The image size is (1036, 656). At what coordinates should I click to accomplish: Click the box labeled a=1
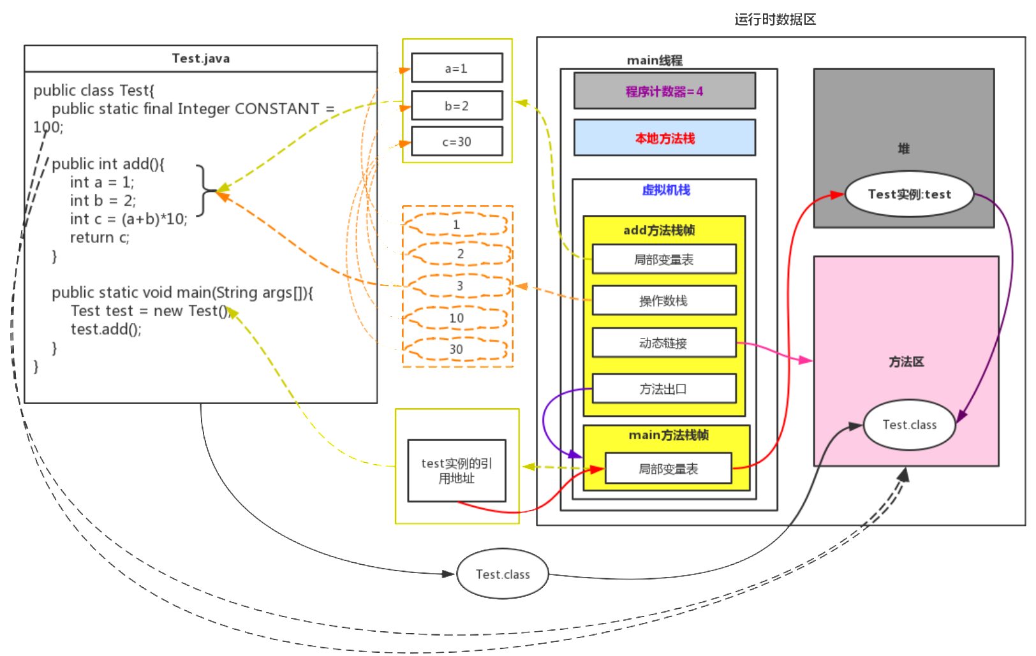(457, 68)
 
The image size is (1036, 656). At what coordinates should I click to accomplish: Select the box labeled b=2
(457, 106)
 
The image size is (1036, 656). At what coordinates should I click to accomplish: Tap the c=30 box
(457, 142)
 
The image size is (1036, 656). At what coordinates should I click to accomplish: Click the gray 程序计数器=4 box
(664, 91)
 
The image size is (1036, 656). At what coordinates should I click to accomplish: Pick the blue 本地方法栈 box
(664, 138)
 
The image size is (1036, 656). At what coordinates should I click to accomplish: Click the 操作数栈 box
(663, 301)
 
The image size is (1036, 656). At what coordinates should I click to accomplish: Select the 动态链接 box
(663, 343)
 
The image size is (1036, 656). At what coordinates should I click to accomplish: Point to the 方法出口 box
(663, 389)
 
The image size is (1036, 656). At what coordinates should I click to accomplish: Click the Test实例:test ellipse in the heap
(909, 194)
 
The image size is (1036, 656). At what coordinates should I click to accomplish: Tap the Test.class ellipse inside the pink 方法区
(909, 425)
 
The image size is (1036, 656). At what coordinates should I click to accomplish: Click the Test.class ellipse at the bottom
(503, 574)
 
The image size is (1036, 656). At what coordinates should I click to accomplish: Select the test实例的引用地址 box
(457, 470)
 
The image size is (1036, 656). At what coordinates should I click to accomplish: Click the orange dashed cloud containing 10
(457, 318)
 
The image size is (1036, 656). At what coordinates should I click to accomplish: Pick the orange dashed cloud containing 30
(457, 349)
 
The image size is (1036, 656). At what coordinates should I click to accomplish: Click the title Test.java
(200, 59)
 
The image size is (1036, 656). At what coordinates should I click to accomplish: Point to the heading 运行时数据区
(775, 20)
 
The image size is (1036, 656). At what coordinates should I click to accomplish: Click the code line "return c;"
(100, 238)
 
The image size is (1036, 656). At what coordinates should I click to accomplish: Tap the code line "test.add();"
(106, 330)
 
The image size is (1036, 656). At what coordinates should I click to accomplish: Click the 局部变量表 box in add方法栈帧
(663, 259)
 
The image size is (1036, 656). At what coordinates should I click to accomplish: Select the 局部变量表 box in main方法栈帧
(668, 469)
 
